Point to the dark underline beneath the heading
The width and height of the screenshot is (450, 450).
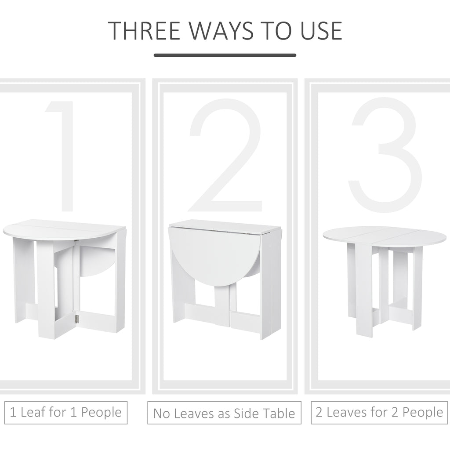click(x=225, y=55)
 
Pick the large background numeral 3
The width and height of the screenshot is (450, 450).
click(x=385, y=149)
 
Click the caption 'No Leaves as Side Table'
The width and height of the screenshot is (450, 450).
click(x=224, y=413)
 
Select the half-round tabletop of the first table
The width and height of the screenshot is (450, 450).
click(x=62, y=229)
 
